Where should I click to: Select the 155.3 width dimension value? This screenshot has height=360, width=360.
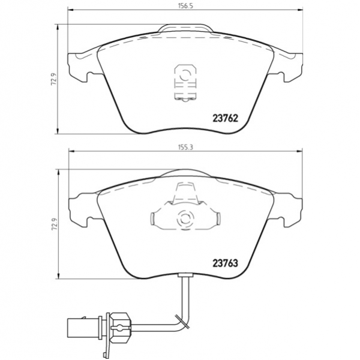tap(185, 147)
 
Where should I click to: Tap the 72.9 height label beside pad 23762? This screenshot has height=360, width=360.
tap(53, 79)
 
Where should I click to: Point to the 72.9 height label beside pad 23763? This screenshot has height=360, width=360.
tap(54, 224)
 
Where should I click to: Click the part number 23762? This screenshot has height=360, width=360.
tap(226, 118)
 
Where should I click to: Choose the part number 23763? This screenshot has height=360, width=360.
tap(226, 263)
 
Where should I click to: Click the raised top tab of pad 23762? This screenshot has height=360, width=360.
tap(185, 28)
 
